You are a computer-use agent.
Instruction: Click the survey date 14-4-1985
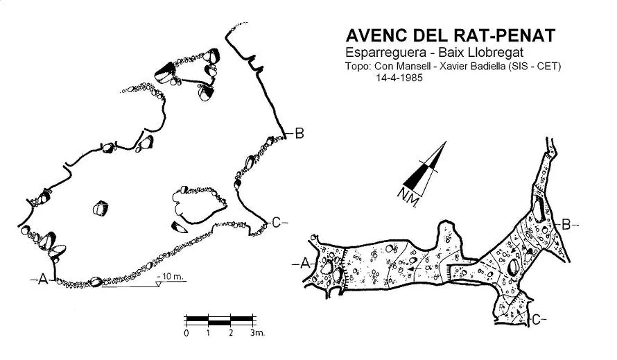(399, 78)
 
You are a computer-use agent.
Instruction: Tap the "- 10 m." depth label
(170, 276)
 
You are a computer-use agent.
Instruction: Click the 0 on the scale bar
(186, 333)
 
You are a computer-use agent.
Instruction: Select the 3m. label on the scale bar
(257, 333)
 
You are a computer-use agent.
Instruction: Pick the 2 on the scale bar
(231, 333)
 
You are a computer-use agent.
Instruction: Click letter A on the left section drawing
(43, 280)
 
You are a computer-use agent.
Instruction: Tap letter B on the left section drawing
(299, 133)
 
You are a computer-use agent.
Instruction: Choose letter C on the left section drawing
(276, 223)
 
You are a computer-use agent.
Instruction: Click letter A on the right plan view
(305, 264)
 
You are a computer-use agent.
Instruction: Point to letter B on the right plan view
(566, 225)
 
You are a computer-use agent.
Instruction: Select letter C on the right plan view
(536, 320)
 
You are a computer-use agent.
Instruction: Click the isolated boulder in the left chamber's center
(101, 208)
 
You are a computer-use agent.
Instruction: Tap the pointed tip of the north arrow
(446, 142)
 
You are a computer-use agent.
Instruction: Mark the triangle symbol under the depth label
(159, 284)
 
